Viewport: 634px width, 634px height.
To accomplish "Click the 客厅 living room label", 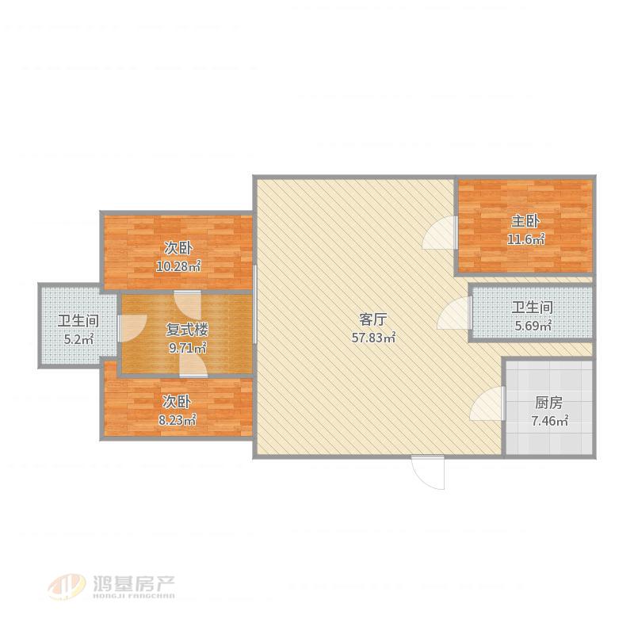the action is tap(372, 319).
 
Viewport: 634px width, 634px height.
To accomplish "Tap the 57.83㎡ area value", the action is tap(373, 338).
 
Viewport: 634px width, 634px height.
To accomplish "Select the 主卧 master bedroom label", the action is tap(525, 221).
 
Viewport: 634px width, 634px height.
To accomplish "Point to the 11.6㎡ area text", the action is tap(525, 239).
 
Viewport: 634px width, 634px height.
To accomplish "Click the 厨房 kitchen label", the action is tap(548, 403).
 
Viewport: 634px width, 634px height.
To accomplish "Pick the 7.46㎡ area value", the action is tap(549, 421).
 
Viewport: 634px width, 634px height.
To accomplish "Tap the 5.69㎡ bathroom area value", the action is tap(533, 325).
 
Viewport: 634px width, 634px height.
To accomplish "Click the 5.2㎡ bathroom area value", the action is tap(78, 339).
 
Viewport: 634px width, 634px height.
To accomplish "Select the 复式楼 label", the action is tap(187, 330).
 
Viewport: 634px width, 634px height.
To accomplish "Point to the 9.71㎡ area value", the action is tap(188, 347).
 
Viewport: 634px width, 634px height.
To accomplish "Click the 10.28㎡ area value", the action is tap(178, 265).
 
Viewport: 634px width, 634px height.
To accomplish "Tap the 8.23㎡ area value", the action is tap(177, 420).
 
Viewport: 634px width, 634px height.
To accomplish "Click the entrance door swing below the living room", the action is tap(428, 472).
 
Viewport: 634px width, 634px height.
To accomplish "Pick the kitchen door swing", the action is tap(487, 403).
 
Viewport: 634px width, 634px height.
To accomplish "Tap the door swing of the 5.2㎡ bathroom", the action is tap(132, 327).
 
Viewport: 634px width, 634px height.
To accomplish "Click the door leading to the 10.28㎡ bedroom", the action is tap(188, 304).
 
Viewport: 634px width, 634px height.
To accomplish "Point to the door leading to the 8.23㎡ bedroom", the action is tap(193, 364).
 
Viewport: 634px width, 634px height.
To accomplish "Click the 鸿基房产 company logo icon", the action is tap(67, 586).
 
